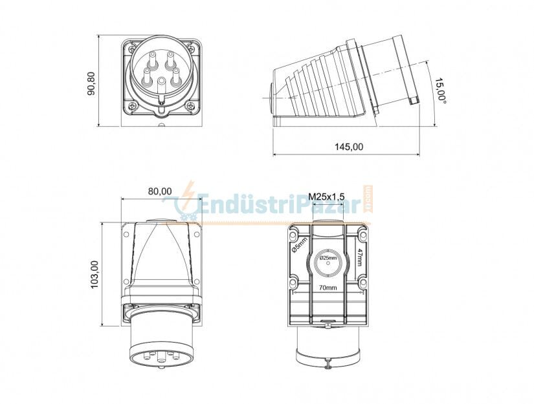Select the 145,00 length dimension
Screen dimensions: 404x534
coord(348,147)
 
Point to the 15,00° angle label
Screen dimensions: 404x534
coord(441,90)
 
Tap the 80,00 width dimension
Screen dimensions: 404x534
coord(159,191)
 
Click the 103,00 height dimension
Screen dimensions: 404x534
coord(95,274)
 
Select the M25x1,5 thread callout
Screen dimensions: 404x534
coord(326,197)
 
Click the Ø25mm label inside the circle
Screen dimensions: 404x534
coord(329,258)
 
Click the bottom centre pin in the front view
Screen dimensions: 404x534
coord(162,83)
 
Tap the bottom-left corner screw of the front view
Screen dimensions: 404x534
coord(133,105)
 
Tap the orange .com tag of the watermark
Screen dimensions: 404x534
coord(369,200)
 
